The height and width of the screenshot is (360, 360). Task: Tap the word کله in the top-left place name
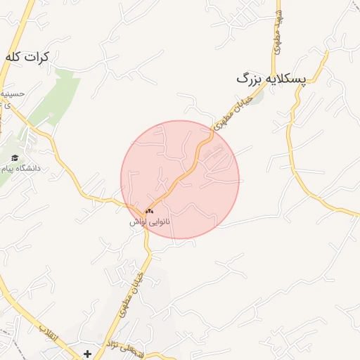click(x=13, y=56)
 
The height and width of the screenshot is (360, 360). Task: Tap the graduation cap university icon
click(x=15, y=157)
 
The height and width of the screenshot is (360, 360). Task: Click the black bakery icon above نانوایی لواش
click(x=149, y=210)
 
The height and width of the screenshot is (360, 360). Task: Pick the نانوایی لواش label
click(x=150, y=221)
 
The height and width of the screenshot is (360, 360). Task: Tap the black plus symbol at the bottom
click(x=87, y=354)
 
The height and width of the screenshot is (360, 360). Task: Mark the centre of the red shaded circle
click(x=180, y=179)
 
